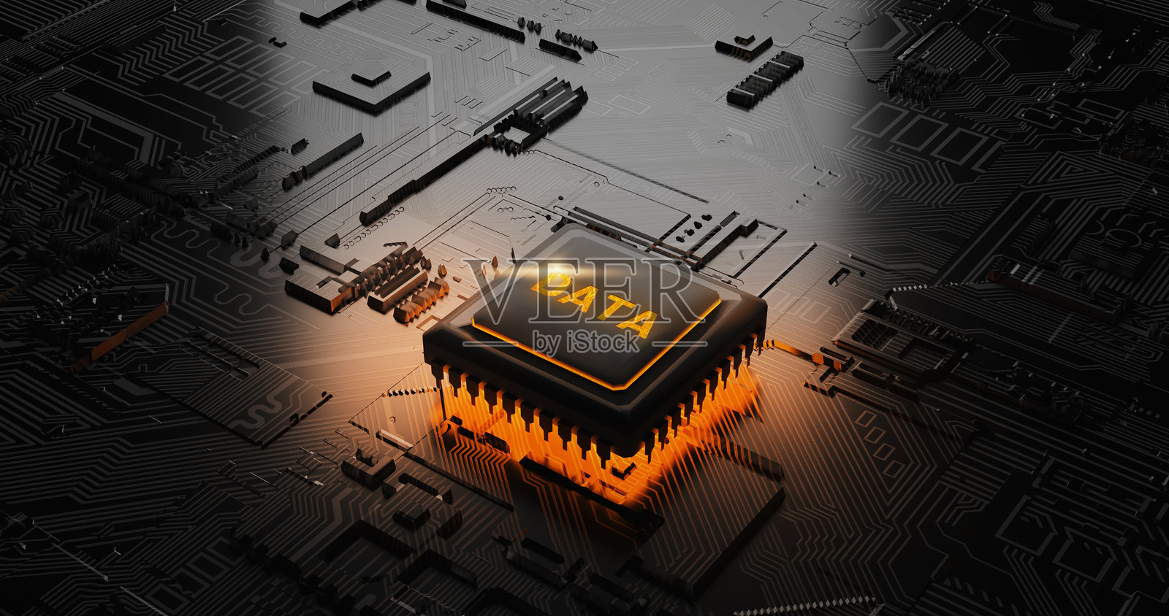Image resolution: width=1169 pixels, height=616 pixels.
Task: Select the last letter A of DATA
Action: click(636, 323)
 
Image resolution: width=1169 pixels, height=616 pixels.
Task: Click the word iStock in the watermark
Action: click(603, 342)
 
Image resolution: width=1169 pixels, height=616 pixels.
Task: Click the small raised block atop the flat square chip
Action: click(371, 77)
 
